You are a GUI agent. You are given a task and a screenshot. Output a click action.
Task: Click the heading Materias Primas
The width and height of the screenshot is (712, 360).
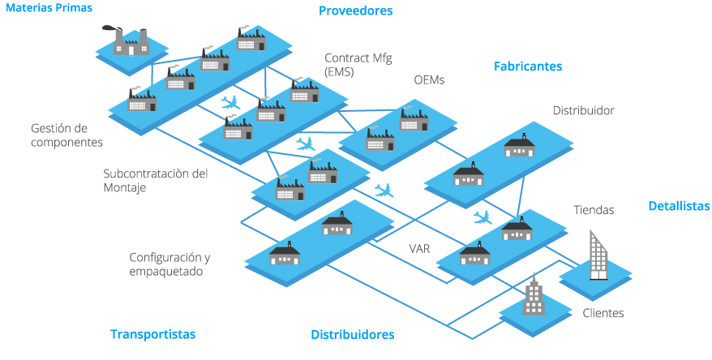47,8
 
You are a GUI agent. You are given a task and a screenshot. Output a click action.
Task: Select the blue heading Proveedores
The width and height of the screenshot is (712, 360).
355,11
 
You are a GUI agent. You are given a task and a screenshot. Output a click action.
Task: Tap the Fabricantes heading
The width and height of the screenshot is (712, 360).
528,66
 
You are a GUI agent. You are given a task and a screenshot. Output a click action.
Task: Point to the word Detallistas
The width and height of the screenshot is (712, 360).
679,206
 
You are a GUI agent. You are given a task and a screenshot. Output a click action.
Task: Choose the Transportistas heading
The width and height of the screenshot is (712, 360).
152,334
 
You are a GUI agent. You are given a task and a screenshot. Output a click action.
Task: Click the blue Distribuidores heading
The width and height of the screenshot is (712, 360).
352,334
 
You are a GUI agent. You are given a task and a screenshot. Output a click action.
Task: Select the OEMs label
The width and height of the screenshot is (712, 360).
429,80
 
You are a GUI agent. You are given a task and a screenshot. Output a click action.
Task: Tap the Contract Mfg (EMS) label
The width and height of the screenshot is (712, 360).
350,65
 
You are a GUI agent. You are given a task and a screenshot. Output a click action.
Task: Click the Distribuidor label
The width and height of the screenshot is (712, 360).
583,110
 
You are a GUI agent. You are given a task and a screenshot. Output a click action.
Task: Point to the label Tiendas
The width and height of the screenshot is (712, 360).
594,210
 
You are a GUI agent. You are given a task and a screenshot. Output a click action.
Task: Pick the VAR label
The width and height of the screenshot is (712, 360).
419,248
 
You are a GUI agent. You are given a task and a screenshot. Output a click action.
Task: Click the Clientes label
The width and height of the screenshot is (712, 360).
603,313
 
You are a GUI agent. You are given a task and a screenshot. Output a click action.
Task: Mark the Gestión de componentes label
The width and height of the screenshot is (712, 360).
66,135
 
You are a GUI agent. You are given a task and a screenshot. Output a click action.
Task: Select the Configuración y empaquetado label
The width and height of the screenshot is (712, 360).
169,264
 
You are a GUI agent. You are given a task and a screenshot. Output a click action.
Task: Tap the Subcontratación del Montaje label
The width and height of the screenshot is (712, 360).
156,180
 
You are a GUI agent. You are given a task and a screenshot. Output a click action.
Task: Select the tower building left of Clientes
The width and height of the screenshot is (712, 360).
533,298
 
